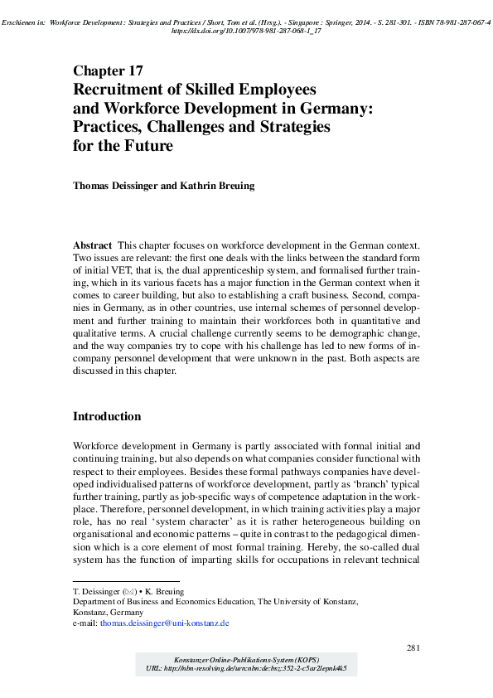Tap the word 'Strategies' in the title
(x=289, y=127)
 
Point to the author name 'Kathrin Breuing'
(x=216, y=186)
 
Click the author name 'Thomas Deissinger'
(x=123, y=186)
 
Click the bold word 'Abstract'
(x=93, y=247)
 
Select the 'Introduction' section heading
(x=107, y=416)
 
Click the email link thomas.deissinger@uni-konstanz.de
(x=164, y=622)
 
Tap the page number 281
(x=414, y=647)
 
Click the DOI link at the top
(x=246, y=30)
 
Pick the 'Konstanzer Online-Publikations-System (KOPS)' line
(x=246, y=657)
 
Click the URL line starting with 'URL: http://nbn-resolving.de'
(x=246, y=666)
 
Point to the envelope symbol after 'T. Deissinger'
(x=128, y=592)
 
